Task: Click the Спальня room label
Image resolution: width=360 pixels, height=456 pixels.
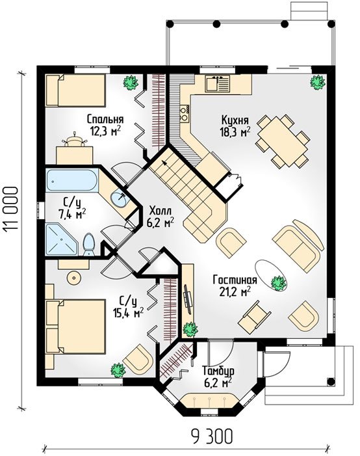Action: click(105, 119)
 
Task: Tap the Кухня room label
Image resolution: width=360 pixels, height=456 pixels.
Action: click(235, 120)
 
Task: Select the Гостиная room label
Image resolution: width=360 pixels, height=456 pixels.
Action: click(235, 280)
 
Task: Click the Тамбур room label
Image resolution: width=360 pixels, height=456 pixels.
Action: click(218, 371)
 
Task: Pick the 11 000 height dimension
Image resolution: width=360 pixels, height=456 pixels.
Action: click(11, 209)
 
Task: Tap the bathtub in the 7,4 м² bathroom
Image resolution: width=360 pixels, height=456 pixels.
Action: click(72, 180)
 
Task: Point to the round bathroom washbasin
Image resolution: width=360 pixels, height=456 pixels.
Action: click(120, 198)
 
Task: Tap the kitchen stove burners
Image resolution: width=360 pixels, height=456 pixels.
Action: click(184, 113)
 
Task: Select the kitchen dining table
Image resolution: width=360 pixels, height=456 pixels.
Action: click(283, 141)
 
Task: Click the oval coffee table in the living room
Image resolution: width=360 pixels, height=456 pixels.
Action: click(272, 275)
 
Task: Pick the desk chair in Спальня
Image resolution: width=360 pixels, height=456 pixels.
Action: click(75, 141)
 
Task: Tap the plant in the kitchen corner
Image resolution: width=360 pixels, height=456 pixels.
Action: click(317, 83)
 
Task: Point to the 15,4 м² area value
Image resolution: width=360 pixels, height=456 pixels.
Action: click(128, 313)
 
